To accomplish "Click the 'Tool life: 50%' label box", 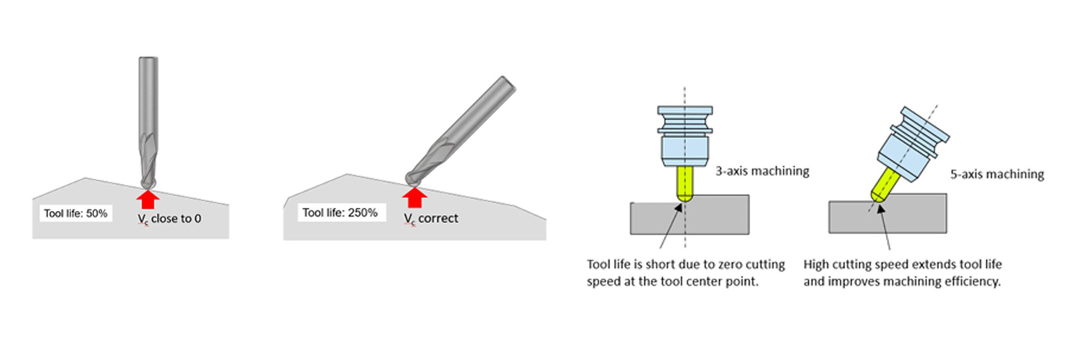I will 76,213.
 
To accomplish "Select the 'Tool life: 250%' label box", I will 340,212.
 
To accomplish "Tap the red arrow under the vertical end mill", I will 148,200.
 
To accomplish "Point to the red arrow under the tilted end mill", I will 414,198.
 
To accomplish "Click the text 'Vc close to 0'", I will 170,219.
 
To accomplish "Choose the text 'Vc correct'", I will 431,218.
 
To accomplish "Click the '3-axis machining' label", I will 762,171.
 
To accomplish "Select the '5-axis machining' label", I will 997,174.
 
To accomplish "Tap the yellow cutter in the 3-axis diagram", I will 685,183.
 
